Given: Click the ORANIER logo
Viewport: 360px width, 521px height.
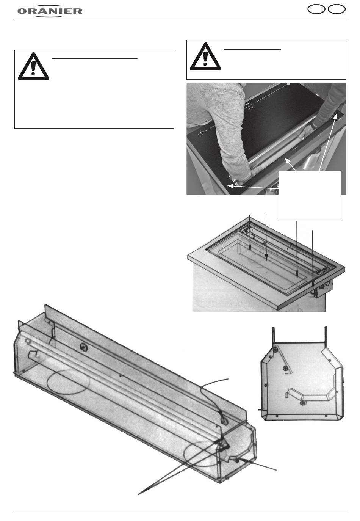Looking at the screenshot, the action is coord(50,11).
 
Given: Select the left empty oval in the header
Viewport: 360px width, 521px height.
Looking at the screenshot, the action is coord(316,9).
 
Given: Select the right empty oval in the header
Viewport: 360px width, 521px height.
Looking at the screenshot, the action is coord(337,9).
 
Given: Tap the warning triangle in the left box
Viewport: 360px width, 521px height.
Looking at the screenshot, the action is coord(33,66).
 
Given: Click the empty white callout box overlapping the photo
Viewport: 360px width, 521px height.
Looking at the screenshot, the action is coord(310,195).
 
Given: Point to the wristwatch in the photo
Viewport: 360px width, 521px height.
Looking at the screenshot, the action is coord(314,126).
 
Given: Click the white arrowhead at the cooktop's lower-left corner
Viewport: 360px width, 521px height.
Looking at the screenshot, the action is coord(230,186).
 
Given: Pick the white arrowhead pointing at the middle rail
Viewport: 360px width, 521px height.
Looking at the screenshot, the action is coord(288,160).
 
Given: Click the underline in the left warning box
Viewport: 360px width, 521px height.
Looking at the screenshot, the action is coord(95,59).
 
